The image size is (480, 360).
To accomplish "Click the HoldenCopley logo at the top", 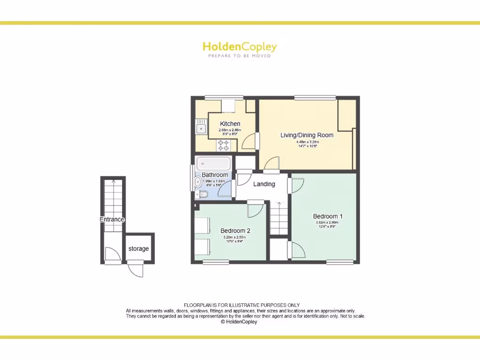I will tap(240, 46).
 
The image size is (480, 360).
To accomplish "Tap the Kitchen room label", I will tap(230, 124).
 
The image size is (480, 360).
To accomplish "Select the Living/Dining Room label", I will tap(307, 135).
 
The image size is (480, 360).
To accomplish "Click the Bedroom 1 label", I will tap(328, 216).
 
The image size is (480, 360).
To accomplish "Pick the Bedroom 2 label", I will tap(235, 231).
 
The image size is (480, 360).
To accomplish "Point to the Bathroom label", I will tap(215, 175).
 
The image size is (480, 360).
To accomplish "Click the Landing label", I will tap(264, 184).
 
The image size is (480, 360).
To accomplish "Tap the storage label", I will tap(138, 248).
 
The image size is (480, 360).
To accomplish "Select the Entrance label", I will tap(112, 219).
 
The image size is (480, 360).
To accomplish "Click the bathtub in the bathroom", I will tap(214, 164).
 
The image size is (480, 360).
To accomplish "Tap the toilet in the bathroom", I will tap(202, 195).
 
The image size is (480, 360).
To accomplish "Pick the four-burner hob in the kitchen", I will tap(223, 145).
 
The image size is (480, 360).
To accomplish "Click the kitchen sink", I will tap(201, 127).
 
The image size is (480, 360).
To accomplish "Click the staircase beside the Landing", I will tap(279, 218).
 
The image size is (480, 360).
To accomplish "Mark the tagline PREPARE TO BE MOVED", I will tap(240, 55).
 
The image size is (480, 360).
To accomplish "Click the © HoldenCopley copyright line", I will tap(239, 322).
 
